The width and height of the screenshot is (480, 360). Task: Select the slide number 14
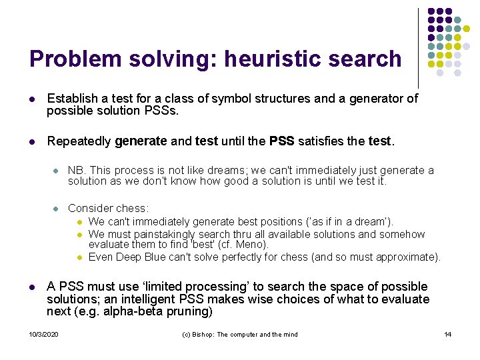(x=447, y=334)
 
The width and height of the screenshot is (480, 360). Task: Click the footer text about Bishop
(x=240, y=334)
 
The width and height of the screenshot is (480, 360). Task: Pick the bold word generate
(x=141, y=141)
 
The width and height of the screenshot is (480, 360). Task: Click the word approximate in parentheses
(x=405, y=257)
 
